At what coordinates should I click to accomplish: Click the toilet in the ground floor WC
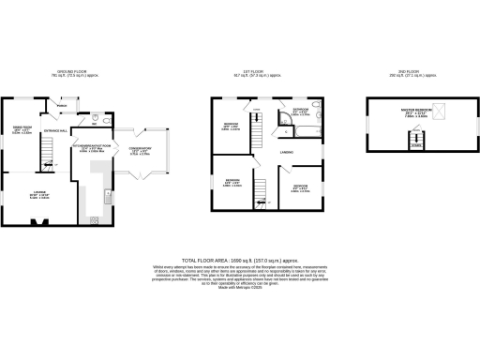coord(97,119)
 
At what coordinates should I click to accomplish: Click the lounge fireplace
coord(38,222)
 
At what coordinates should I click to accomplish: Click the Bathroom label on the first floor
coord(301,111)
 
